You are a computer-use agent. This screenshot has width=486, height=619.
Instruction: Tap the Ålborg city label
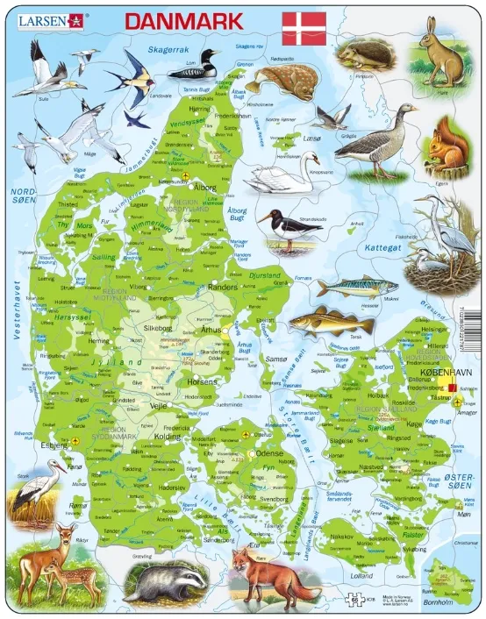[x=204, y=188]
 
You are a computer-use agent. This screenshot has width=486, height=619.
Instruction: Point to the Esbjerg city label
[x=54, y=445]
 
